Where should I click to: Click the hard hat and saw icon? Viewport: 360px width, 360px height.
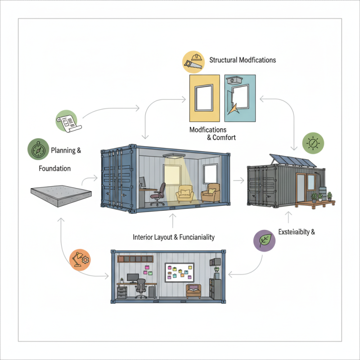coord(193,62)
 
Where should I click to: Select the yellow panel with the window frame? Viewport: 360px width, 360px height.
coord(206,98)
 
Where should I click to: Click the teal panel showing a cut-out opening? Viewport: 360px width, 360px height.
coord(240,98)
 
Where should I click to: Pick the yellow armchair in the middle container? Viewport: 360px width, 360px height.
coord(184,193)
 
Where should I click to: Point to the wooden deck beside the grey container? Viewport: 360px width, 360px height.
coord(315,203)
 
